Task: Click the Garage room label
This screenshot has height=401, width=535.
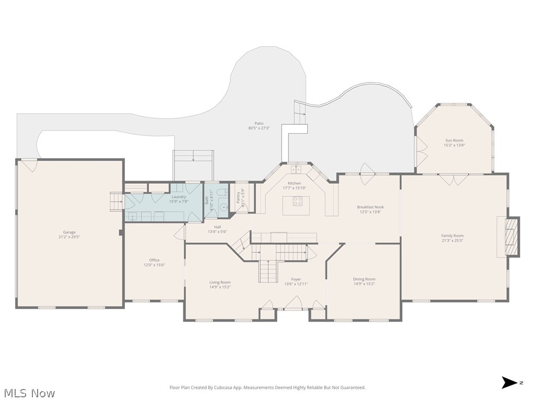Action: pos(69,232)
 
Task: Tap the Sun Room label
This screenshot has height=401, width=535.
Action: pos(454,140)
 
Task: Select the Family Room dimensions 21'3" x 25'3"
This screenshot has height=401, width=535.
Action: pos(452,241)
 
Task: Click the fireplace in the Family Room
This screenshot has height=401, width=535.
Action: pos(510,237)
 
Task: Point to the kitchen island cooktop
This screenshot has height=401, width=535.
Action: pos(296,201)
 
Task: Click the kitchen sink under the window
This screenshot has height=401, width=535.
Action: pos(296,169)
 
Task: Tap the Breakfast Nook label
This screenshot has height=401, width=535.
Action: pos(370,207)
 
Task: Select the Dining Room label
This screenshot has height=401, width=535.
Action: pos(364,279)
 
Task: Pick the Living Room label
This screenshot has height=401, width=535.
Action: pos(220,282)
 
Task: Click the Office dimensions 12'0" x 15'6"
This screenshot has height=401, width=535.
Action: pos(154,265)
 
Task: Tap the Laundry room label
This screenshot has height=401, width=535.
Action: pos(179,197)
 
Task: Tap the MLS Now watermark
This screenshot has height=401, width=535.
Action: pos(29,393)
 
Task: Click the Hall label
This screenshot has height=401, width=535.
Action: pos(217,227)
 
